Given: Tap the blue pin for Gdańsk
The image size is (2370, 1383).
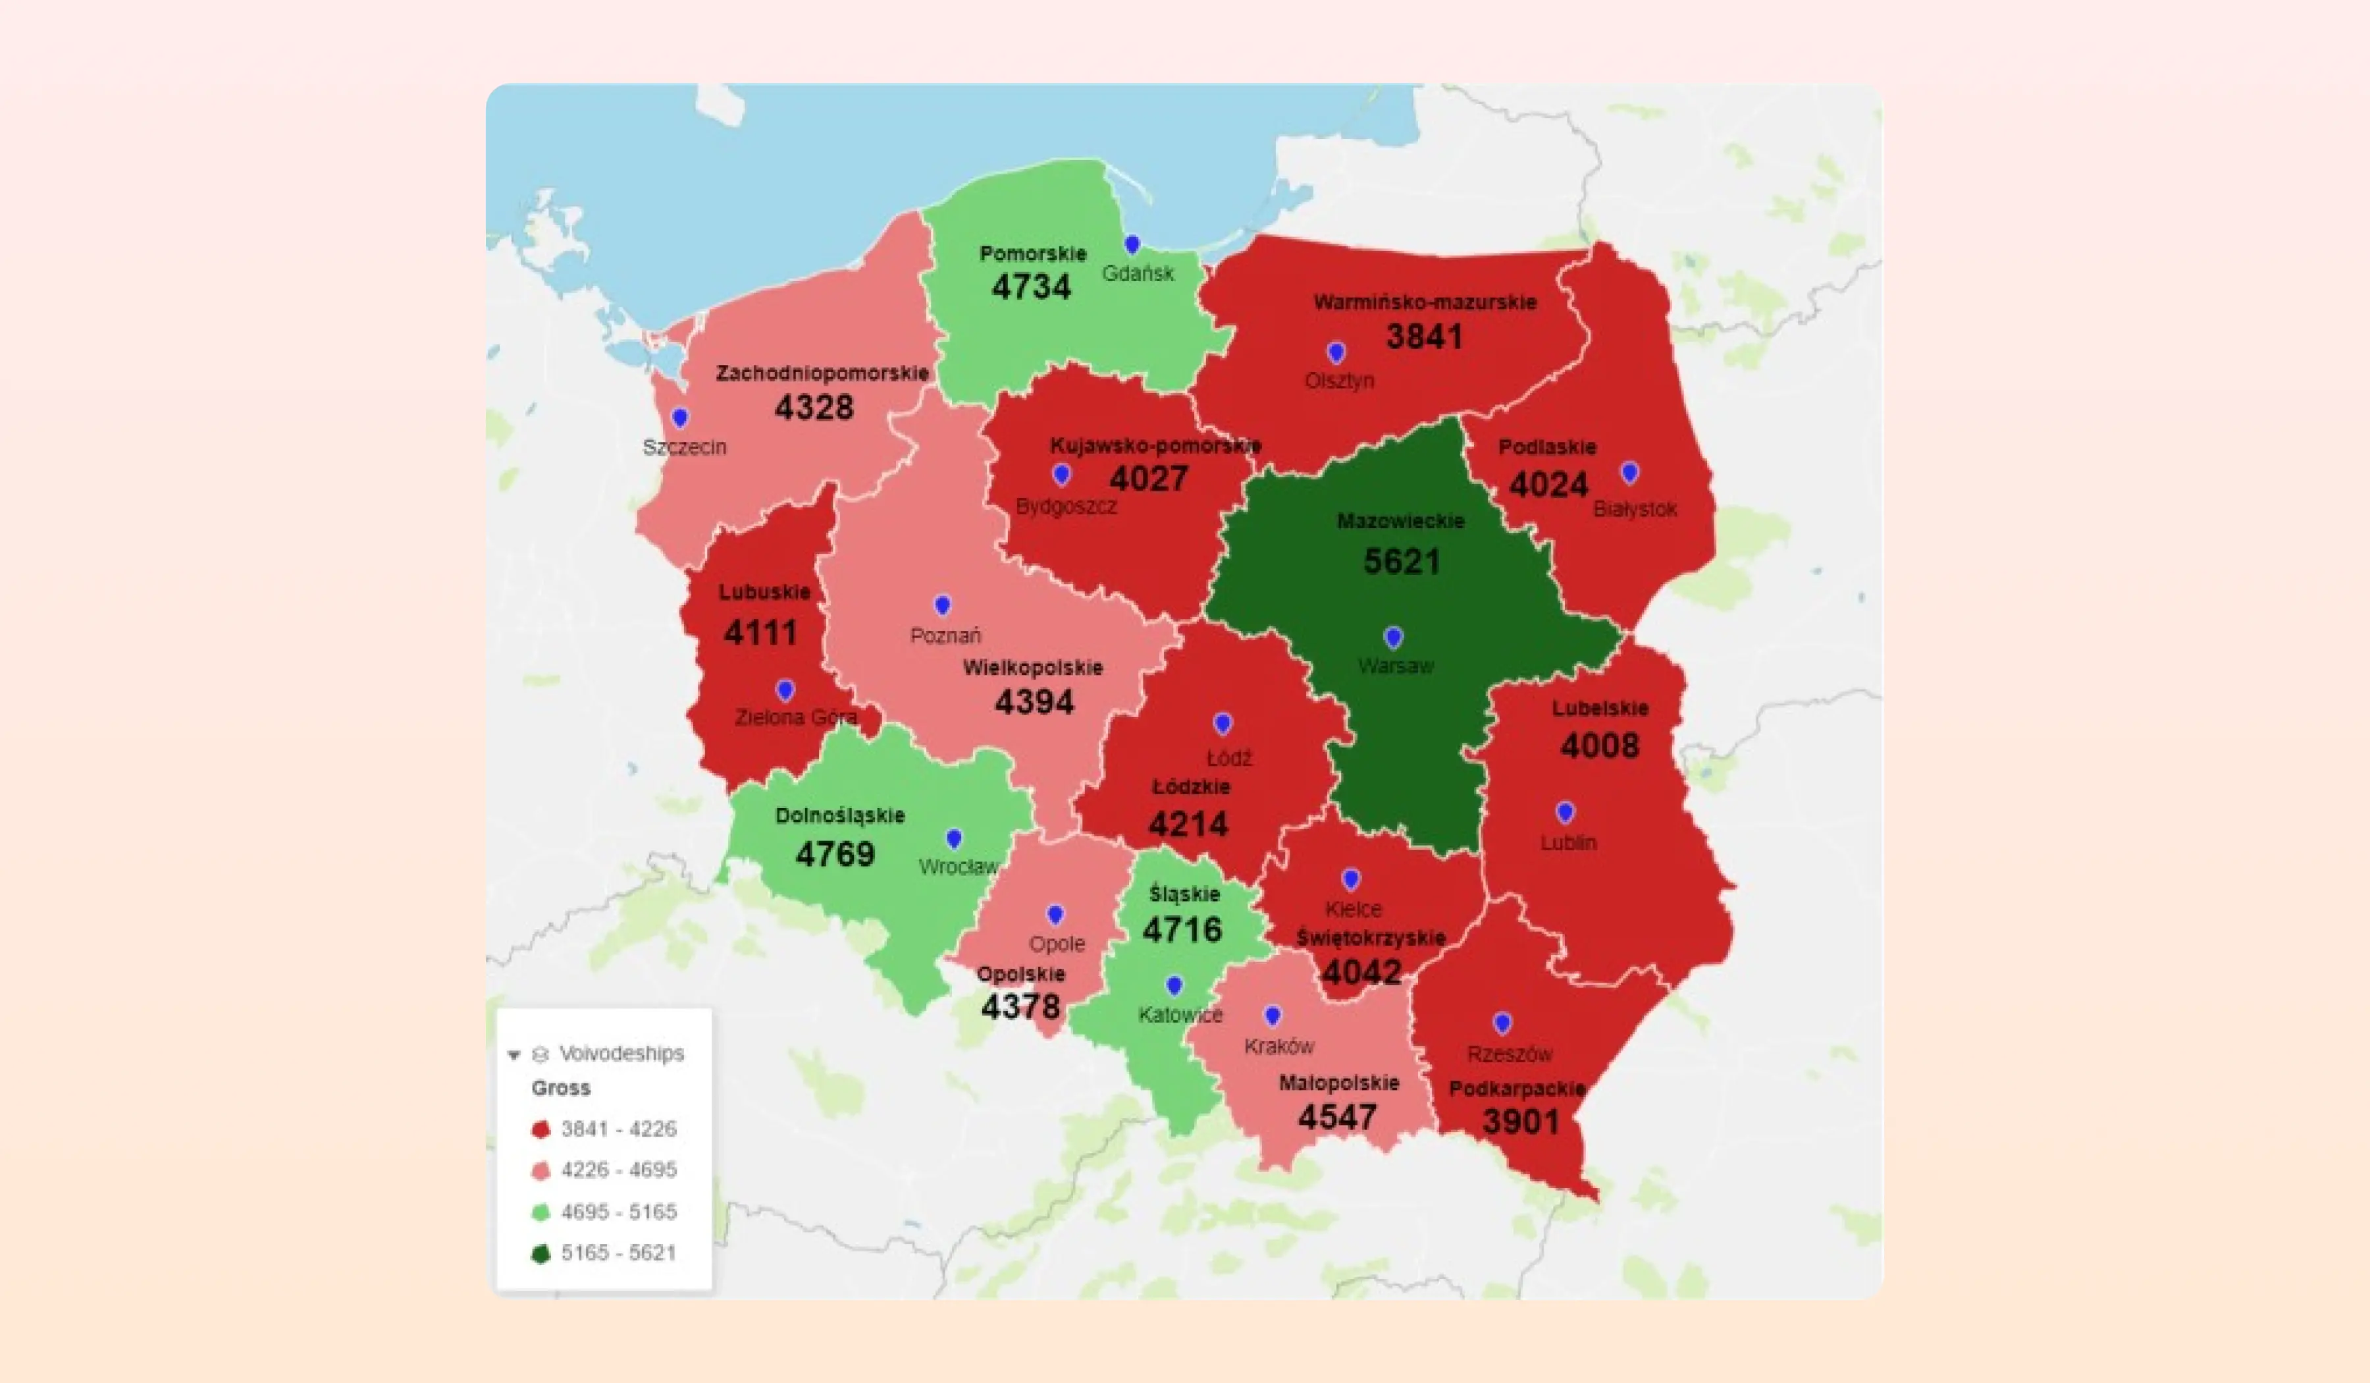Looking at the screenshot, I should [x=1132, y=244].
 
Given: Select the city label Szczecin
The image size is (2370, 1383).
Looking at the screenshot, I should [x=684, y=447].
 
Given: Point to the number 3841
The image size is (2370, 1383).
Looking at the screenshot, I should [x=1424, y=337].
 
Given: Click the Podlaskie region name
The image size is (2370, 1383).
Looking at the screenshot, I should [x=1547, y=447].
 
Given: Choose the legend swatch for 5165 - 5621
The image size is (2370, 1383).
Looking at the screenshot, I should [x=540, y=1253].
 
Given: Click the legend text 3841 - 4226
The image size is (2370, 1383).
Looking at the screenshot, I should [x=618, y=1129].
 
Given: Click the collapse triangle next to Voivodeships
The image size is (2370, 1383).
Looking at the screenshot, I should [x=513, y=1054].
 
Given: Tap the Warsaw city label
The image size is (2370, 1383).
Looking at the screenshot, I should [x=1396, y=666].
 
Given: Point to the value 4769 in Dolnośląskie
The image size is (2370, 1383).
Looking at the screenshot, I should [x=834, y=854].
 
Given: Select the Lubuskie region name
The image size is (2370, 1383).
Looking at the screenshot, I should [x=764, y=592].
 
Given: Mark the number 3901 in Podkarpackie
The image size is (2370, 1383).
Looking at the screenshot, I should [x=1520, y=1122].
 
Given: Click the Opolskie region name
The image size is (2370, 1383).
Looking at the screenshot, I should [x=1020, y=974].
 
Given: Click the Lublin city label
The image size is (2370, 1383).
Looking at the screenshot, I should [x=1567, y=842].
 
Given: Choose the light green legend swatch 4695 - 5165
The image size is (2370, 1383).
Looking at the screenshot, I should [x=540, y=1212].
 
